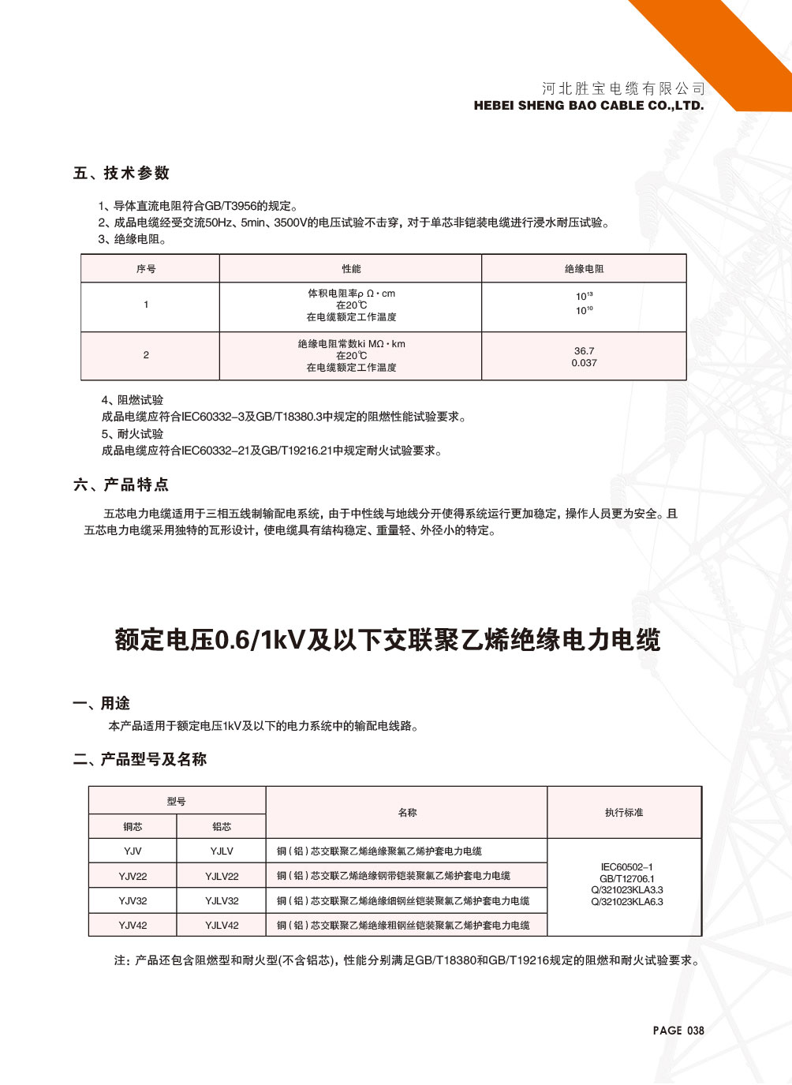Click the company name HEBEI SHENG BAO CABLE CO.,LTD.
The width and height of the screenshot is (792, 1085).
point(588,106)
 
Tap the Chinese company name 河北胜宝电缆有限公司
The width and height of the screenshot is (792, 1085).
point(623,88)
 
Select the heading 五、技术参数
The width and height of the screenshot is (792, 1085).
point(121,174)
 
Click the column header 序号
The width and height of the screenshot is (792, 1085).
point(146,269)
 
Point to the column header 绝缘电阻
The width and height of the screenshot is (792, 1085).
point(584,269)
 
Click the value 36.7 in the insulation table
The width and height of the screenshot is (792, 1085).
point(584,351)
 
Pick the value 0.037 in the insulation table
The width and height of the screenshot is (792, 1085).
point(584,363)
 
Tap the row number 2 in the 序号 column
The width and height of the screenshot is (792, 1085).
point(146,355)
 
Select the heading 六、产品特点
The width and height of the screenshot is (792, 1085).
point(121,485)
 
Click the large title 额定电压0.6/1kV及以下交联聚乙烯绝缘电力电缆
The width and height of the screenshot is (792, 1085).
point(387,640)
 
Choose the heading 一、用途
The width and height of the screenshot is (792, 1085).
point(102,703)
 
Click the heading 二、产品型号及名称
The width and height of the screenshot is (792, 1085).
point(140,759)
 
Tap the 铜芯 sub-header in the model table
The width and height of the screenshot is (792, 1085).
point(133,826)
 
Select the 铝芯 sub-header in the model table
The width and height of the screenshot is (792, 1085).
point(222,826)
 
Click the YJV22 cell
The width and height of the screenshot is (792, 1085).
point(133,876)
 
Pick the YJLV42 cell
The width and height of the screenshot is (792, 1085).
point(222,925)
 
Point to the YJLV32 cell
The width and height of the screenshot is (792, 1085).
point(222,900)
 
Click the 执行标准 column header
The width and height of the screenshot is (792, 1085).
point(624,812)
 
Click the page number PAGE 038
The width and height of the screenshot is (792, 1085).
point(678,1031)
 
